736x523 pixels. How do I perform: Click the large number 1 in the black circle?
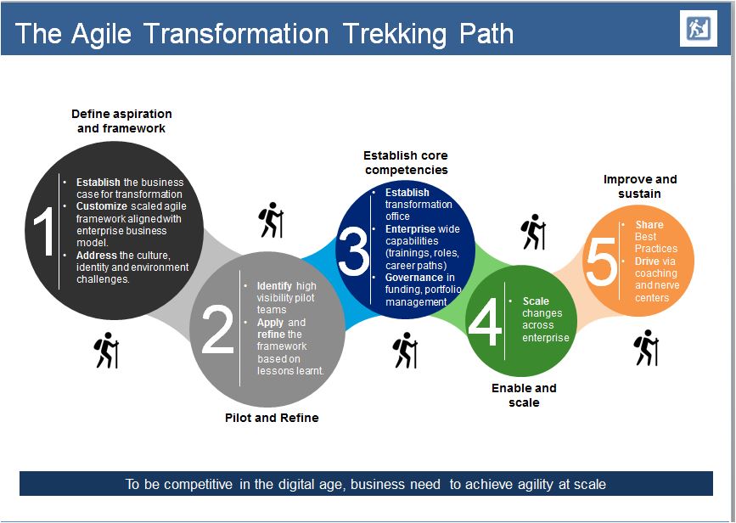tap(45, 231)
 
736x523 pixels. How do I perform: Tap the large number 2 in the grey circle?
tap(217, 329)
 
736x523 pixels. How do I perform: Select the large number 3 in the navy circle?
tap(353, 250)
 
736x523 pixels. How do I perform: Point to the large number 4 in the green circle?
tap(485, 322)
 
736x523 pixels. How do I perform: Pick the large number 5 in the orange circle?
tap(601, 261)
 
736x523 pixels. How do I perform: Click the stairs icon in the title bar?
tap(699, 29)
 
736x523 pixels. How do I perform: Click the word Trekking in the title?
tap(394, 34)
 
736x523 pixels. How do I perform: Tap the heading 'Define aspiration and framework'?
tap(121, 121)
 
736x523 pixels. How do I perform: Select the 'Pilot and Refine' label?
tap(272, 418)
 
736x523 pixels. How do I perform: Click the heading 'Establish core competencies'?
tap(406, 162)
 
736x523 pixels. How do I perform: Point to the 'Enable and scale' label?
tap(524, 396)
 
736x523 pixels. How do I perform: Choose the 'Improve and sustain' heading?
tap(640, 187)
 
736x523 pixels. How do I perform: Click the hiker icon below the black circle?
tap(107, 351)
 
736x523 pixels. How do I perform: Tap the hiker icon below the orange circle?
tap(646, 347)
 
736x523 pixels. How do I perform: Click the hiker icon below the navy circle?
tap(405, 351)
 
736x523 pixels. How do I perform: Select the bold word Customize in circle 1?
tap(102, 206)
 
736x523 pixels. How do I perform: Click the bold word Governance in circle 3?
tap(414, 278)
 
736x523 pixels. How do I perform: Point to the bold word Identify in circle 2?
tap(274, 286)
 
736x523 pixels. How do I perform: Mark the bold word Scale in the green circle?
tap(536, 301)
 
